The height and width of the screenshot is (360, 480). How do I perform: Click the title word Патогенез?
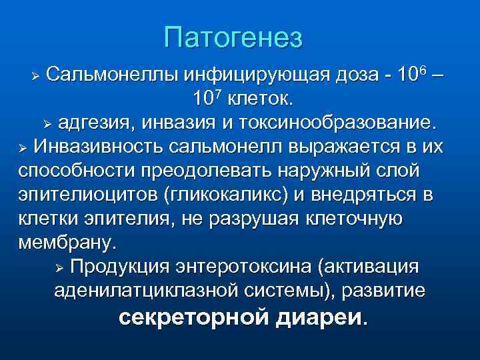[233, 37]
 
